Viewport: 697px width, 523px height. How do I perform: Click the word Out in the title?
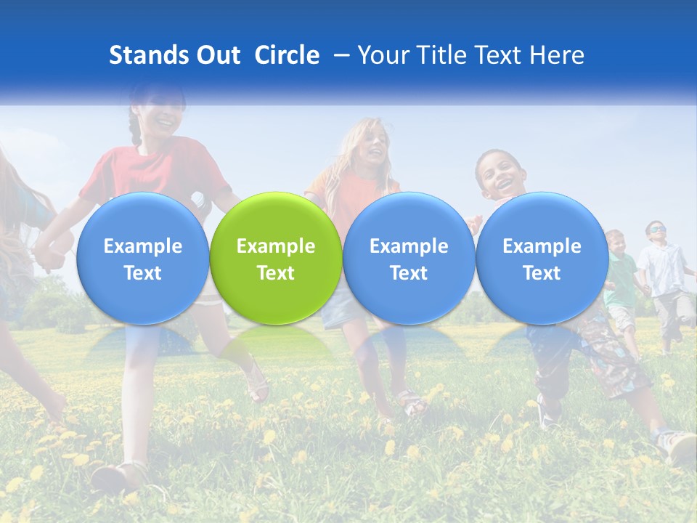coord(216,55)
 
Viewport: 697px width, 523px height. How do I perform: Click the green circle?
coord(276,259)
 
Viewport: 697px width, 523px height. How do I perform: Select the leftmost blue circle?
coord(142,259)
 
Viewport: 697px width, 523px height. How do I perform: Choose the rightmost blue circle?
coord(542,259)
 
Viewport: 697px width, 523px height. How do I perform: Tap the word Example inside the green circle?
coord(276,246)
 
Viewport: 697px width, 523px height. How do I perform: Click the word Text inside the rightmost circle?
coord(542,273)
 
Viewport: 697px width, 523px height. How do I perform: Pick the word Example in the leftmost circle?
coord(142,246)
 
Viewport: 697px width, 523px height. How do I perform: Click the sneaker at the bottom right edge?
coord(678,445)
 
